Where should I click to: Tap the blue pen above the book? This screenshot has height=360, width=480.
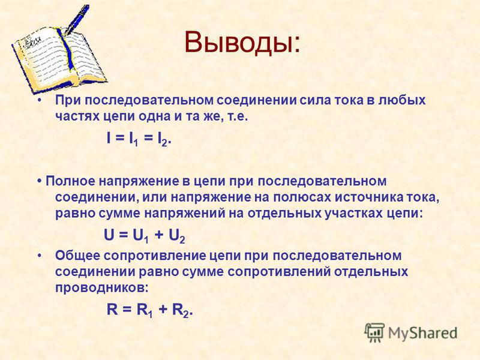(76, 19)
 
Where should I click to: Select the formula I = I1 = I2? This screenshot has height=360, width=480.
(139, 139)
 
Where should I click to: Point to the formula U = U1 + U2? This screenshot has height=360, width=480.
(145, 236)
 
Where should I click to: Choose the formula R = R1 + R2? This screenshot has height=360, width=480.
(149, 310)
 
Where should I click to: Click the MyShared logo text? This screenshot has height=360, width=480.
(423, 333)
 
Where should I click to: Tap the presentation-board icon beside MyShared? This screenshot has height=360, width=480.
(374, 332)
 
